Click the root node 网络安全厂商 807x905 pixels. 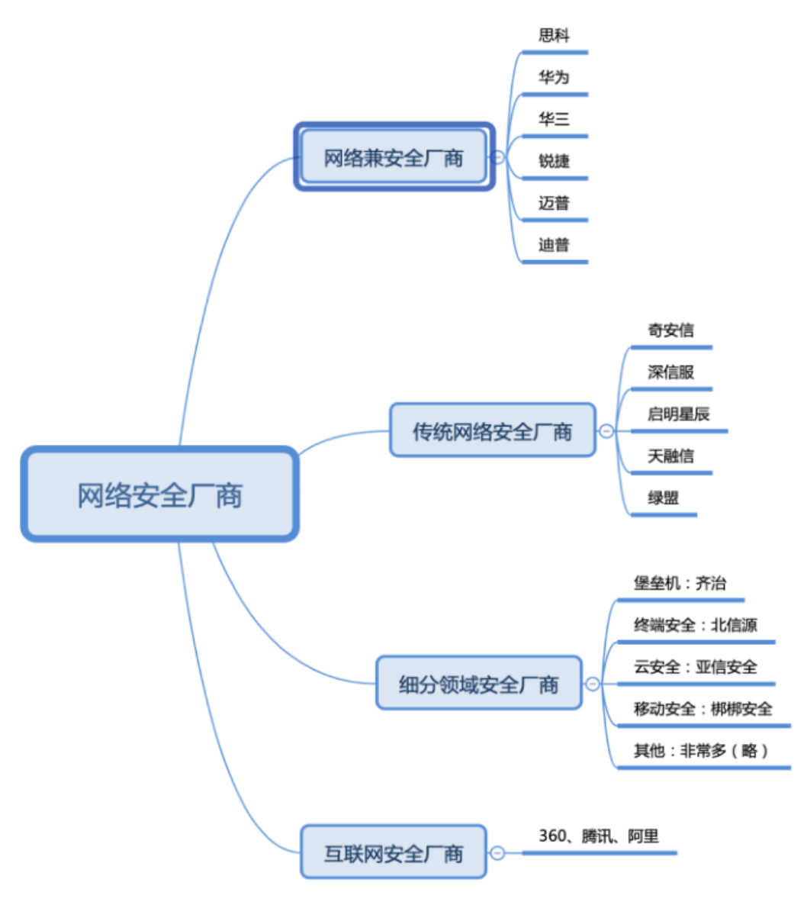[x=159, y=494]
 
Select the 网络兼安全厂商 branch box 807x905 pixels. [x=394, y=157]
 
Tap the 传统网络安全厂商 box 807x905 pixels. [x=492, y=431]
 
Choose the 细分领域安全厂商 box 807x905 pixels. [x=478, y=683]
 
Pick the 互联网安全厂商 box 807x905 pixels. [x=394, y=852]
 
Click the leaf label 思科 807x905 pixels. [x=554, y=35]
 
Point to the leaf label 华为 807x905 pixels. [x=554, y=77]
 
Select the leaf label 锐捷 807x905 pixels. [x=554, y=161]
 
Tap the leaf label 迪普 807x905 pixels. [x=554, y=245]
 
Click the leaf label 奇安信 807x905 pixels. [x=670, y=330]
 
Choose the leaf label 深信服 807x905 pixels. [x=670, y=372]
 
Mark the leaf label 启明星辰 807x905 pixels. [x=678, y=414]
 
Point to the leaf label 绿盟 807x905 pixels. [x=663, y=498]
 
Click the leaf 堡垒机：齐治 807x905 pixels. [x=680, y=583]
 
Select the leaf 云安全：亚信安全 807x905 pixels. [x=695, y=667]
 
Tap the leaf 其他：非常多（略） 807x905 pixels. [x=700, y=751]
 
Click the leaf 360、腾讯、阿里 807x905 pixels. [x=598, y=836]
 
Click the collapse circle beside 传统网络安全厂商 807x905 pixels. [x=606, y=431]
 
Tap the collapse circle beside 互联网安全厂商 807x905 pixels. [x=497, y=852]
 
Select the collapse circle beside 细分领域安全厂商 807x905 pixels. [x=593, y=684]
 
